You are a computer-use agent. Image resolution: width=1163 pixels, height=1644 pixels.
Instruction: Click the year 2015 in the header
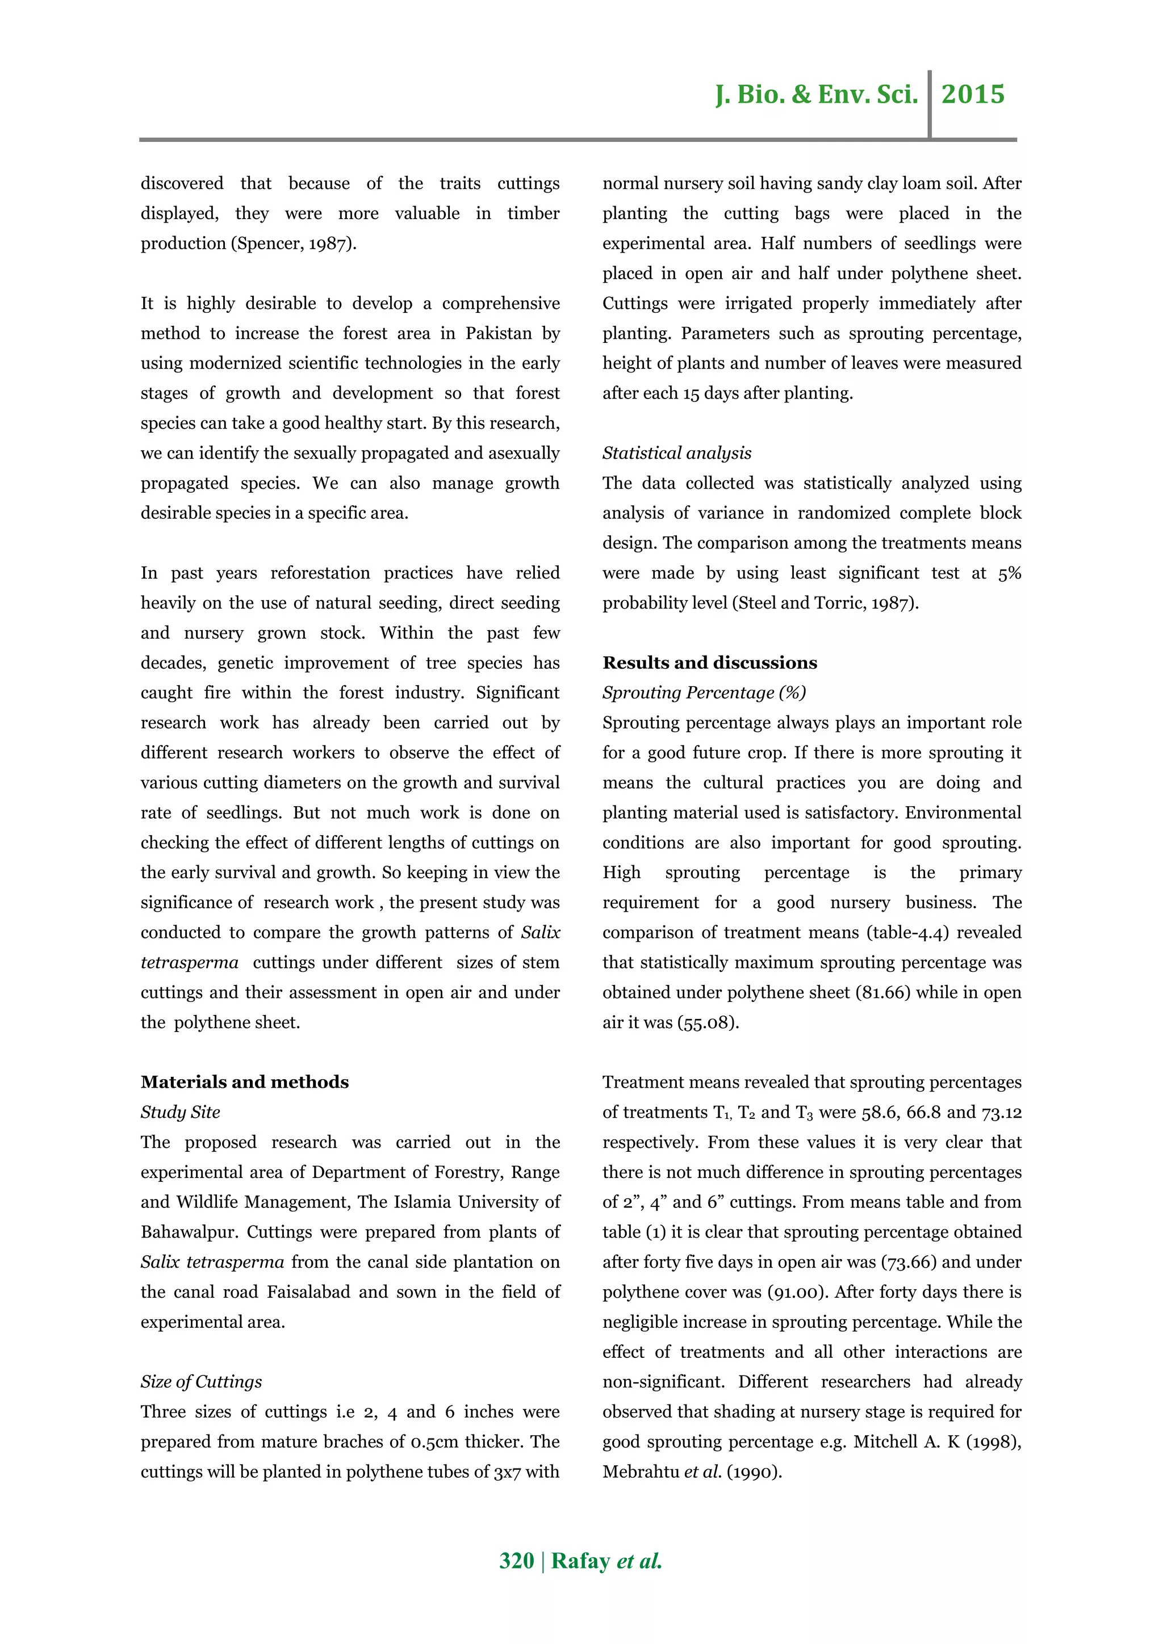point(973,94)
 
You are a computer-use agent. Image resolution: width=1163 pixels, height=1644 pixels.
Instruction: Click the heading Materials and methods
point(244,1082)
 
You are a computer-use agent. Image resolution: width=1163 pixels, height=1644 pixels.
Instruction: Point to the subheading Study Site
point(180,1112)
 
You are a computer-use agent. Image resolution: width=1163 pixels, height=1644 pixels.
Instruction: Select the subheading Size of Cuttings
point(201,1381)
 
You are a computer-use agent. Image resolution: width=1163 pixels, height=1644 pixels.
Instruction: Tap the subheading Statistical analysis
point(677,453)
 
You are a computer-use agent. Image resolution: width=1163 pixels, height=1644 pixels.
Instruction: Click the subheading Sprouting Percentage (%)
point(704,693)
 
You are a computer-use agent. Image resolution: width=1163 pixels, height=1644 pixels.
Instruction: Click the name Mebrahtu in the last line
point(640,1471)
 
